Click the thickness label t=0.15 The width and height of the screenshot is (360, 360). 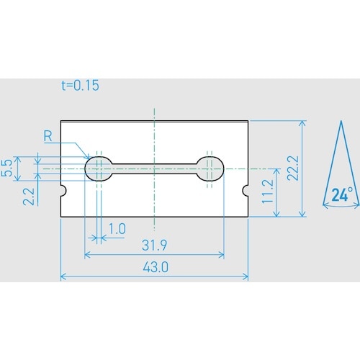click(80, 86)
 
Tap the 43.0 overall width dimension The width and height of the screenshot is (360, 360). click(156, 267)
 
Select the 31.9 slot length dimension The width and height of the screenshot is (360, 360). click(154, 246)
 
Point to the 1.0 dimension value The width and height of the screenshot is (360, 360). click(117, 229)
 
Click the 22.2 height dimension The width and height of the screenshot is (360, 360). click(293, 168)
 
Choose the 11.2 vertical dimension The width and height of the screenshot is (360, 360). click(268, 192)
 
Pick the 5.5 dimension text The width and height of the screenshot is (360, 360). click(7, 168)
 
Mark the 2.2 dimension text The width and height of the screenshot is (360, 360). click(29, 197)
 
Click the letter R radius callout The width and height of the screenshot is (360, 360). click(48, 136)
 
